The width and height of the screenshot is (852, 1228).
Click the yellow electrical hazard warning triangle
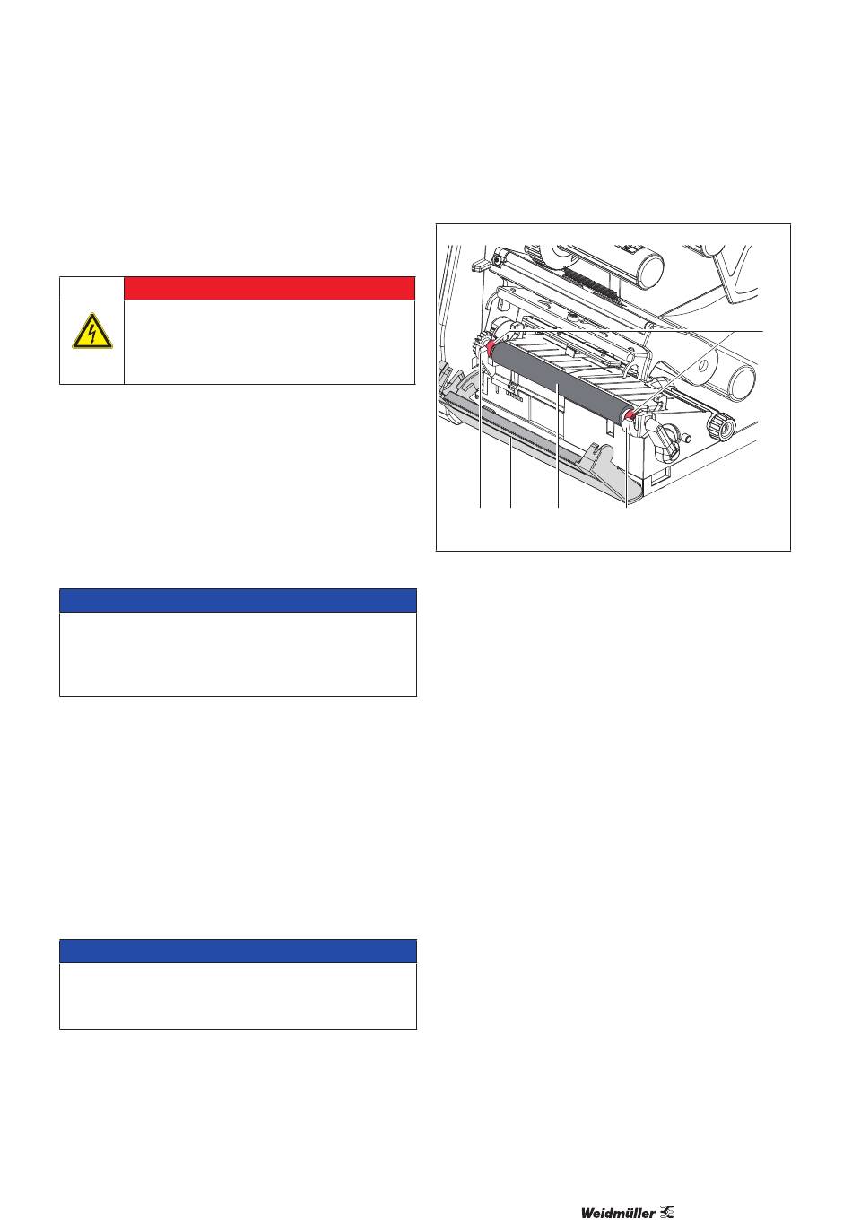[x=92, y=332]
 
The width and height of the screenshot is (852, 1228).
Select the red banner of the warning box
[x=269, y=288]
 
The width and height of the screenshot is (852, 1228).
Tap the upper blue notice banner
[x=238, y=600]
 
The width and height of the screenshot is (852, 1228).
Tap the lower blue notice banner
[x=238, y=951]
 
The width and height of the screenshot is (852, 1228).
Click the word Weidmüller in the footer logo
[x=618, y=1213]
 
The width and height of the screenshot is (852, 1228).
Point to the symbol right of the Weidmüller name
[x=667, y=1212]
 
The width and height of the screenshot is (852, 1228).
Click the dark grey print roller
[x=560, y=380]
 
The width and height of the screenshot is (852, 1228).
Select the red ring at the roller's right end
[x=630, y=415]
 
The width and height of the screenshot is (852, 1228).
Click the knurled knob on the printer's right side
[x=719, y=425]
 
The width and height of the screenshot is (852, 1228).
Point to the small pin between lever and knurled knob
[x=685, y=438]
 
